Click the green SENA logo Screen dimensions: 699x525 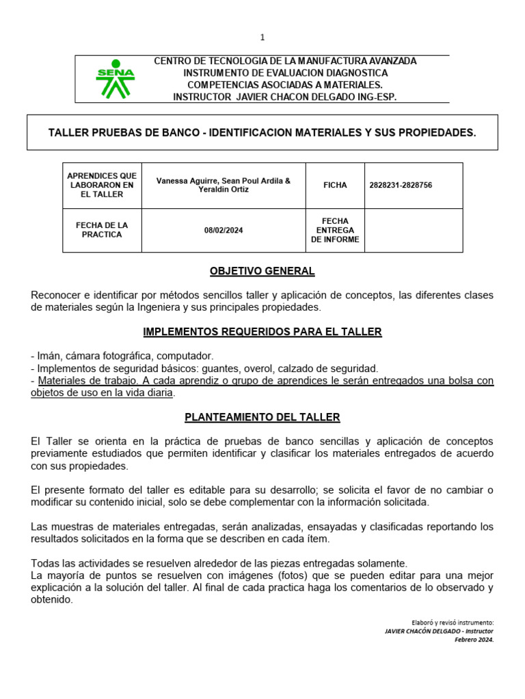point(115,79)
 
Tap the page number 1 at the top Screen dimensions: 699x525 point(262,38)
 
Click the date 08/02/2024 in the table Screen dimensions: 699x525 point(223,231)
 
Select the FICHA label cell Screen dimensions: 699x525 point(335,186)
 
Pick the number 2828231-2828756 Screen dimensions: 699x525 point(400,186)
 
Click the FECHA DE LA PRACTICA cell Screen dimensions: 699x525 point(102,230)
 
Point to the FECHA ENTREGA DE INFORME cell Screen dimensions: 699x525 point(335,230)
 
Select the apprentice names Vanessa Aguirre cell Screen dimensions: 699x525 point(223,185)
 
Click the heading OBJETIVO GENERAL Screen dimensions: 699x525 point(262,272)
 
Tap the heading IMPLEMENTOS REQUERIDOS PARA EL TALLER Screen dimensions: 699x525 point(262,332)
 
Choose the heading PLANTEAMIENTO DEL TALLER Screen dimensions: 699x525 point(262,417)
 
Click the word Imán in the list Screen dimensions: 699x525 point(48,356)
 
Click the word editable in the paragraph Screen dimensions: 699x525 point(176,490)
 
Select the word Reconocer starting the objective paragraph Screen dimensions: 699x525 point(55,295)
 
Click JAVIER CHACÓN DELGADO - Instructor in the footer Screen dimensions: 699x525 point(439,631)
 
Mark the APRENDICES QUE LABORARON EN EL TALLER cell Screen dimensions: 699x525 point(102,185)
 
